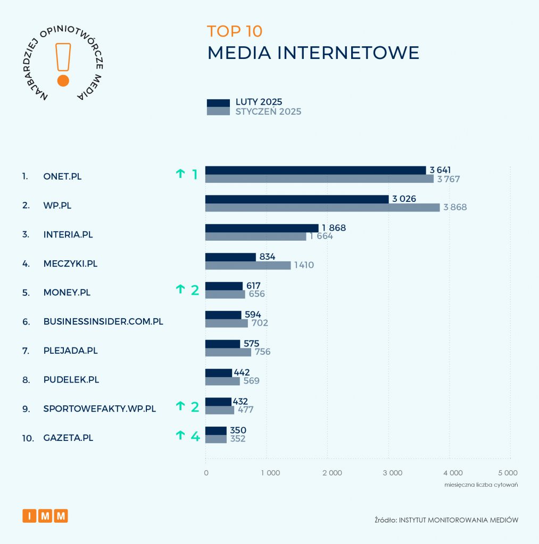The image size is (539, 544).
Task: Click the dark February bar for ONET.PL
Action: (316, 170)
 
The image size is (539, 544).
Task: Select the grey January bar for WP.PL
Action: (322, 207)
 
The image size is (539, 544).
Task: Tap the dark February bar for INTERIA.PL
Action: (262, 228)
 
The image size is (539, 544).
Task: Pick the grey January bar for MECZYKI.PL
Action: (248, 265)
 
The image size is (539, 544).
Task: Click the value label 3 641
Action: (440, 170)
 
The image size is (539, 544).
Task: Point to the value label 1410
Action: (303, 265)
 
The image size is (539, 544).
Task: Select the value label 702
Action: (259, 323)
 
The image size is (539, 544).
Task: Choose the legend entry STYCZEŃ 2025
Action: (268, 112)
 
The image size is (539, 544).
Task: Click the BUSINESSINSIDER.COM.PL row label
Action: (103, 321)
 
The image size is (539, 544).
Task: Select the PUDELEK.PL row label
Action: (71, 380)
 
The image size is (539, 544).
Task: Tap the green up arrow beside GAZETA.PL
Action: (180, 436)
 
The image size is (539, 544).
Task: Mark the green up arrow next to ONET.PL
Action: (180, 173)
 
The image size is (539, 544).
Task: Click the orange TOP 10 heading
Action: (235, 31)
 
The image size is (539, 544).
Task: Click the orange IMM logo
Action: (45, 515)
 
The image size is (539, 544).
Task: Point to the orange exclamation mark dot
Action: (63, 81)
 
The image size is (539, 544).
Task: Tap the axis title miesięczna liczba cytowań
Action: (481, 485)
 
